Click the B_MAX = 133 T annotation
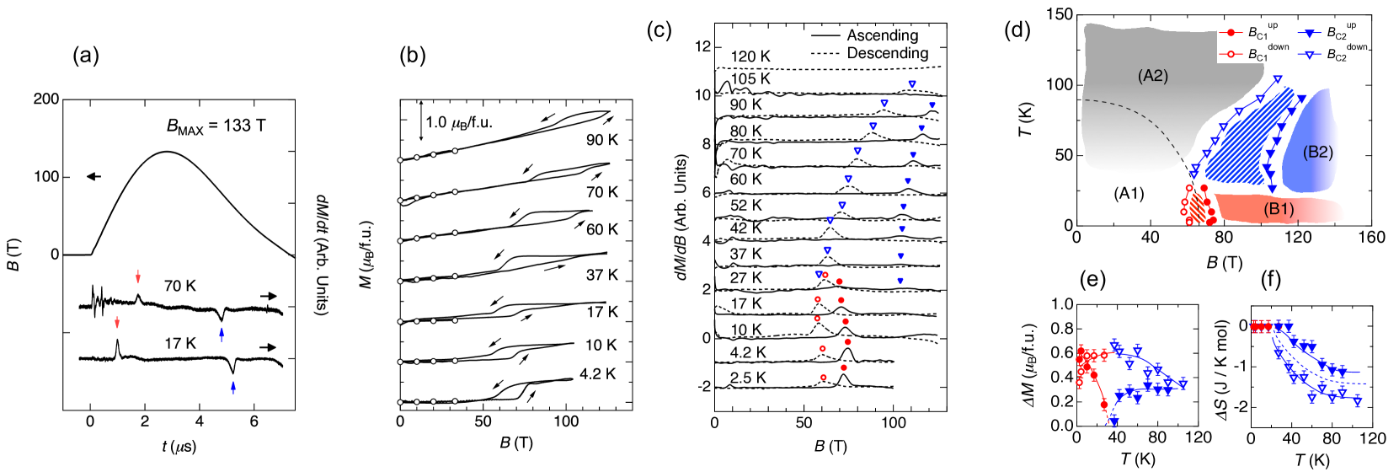coord(216,126)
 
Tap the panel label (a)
coord(86,56)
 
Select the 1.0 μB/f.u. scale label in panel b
coord(458,122)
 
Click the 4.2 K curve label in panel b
coord(597,374)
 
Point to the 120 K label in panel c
coord(750,56)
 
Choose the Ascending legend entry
coord(882,35)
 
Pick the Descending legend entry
coord(887,53)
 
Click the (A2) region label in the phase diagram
coord(1152,76)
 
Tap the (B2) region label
coord(1317,153)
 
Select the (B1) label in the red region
coord(1278,208)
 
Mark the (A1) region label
coord(1129,193)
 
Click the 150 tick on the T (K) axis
coord(1060,14)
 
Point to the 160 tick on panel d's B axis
coord(1371,238)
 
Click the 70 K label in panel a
coord(179,287)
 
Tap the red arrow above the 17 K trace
coord(117,322)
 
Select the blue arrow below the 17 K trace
coord(233,387)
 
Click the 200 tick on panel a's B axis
coord(46,99)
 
